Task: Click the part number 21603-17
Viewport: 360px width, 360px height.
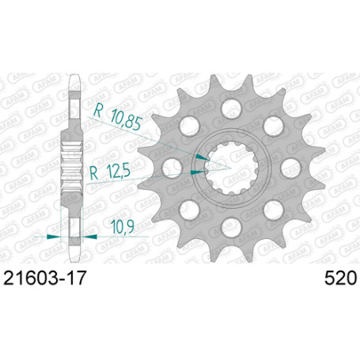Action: (44, 279)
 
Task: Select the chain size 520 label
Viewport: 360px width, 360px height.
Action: (340, 279)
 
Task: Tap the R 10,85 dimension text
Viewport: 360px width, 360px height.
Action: (118, 117)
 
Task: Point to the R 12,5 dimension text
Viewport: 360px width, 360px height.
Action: (110, 172)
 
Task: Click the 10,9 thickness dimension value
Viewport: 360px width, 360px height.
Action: (123, 227)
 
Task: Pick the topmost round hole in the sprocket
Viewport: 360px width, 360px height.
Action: (232, 109)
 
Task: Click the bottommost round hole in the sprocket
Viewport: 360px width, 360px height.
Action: (232, 227)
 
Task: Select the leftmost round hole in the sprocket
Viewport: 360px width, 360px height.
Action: (172, 168)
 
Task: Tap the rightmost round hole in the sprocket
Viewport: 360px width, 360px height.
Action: (290, 168)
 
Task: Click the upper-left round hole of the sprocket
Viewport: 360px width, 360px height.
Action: (189, 126)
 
